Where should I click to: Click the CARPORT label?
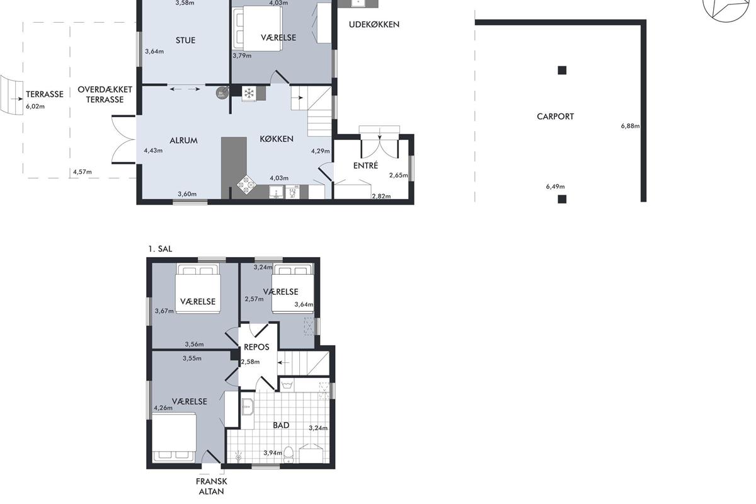tap(555, 117)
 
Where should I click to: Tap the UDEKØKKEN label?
tap(374, 25)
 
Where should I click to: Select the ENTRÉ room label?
tap(365, 166)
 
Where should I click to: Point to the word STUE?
tap(186, 40)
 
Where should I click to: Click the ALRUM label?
tap(183, 140)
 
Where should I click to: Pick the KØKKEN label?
tap(277, 139)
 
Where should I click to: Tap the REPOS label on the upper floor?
tap(256, 347)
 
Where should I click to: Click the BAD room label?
tap(281, 425)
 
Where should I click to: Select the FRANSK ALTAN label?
tap(211, 486)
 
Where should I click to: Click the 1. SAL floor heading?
tap(160, 249)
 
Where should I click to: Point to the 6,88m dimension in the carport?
tap(630, 126)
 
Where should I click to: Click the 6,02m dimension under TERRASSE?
tap(35, 106)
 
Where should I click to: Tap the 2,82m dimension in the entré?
tap(381, 196)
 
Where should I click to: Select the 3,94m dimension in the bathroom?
tap(273, 453)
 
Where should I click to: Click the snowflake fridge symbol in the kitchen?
tap(249, 93)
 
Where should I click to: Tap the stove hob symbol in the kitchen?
tap(246, 185)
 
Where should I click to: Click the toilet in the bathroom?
tap(289, 455)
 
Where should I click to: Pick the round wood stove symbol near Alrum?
tap(221, 93)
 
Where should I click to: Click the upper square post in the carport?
tap(562, 70)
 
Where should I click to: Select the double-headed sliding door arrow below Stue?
tap(185, 89)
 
